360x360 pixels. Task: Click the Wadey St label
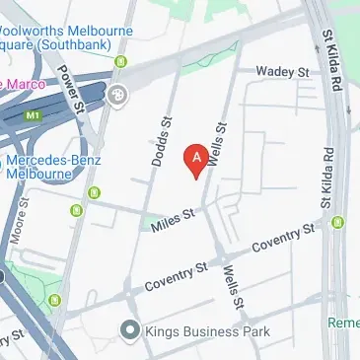(x=282, y=71)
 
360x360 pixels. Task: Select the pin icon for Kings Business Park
(x=128, y=330)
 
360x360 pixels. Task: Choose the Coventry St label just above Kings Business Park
(x=175, y=276)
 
